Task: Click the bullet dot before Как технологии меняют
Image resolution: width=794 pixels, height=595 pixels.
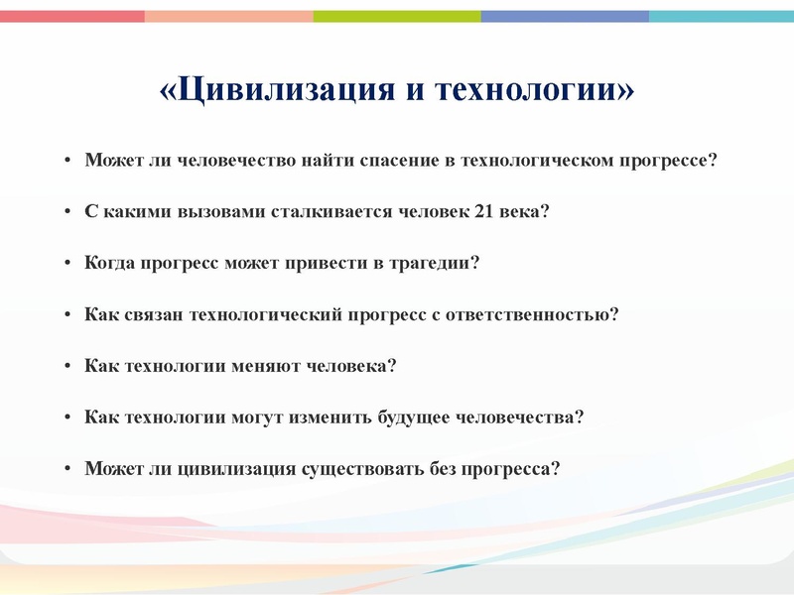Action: click(x=66, y=367)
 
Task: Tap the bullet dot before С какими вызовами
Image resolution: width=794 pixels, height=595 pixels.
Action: click(x=66, y=212)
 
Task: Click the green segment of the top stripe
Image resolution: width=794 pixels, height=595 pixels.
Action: click(x=397, y=16)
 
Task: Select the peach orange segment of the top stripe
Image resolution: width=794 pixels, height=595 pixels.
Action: click(x=228, y=16)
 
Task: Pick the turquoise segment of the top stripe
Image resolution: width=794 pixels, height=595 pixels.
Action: click(x=721, y=16)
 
